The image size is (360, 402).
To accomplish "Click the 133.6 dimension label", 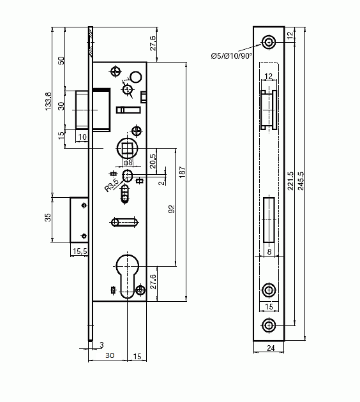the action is [x=49, y=101].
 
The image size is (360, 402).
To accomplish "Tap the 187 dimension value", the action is [x=183, y=172].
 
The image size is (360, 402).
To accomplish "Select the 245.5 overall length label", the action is [x=301, y=181].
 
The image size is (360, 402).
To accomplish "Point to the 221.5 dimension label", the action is [x=290, y=181].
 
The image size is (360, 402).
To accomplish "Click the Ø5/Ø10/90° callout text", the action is [x=232, y=56].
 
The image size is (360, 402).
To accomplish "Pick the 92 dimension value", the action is [x=172, y=209].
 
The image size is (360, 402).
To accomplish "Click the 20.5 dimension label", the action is [x=153, y=161].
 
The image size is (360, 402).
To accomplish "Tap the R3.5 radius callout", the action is [x=112, y=185].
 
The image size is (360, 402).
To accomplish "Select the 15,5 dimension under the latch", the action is [x=80, y=251].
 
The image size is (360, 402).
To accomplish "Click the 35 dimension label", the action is [x=48, y=218].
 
